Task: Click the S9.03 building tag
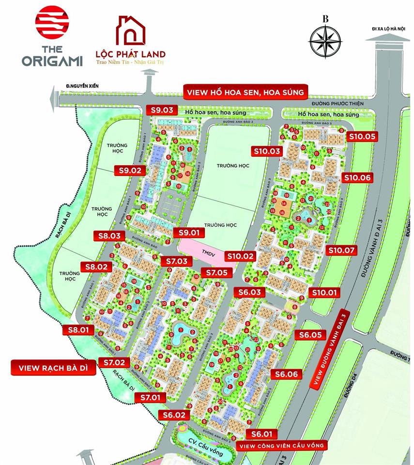click(162, 110)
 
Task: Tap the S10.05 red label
click(362, 136)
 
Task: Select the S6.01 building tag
click(262, 434)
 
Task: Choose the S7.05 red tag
click(216, 273)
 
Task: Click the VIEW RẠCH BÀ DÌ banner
click(53, 368)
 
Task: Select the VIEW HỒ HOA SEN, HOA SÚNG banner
click(244, 92)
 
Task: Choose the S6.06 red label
click(289, 374)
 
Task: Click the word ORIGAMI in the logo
click(52, 61)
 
